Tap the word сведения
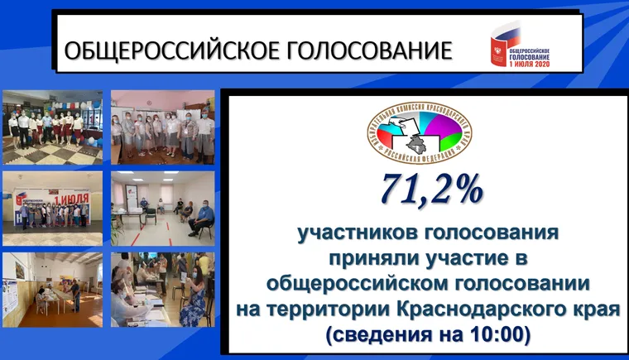[x=373, y=334]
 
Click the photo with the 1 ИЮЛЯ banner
[x=53, y=209]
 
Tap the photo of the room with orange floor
[x=53, y=290]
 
